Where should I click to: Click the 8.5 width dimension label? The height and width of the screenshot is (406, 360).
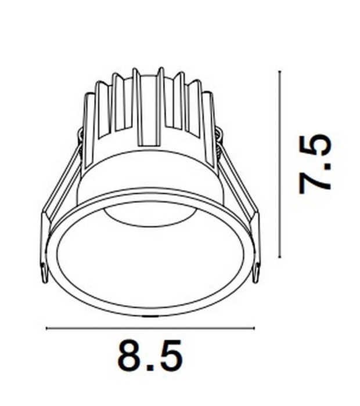point(150,356)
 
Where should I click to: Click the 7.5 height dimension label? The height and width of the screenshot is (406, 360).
point(315,164)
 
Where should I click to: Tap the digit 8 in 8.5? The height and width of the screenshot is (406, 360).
point(132,356)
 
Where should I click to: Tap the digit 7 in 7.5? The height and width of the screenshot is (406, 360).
point(315,180)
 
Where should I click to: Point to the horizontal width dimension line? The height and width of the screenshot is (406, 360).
point(150,328)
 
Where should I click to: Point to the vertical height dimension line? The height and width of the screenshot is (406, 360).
point(280,164)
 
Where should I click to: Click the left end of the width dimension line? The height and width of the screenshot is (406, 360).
point(46,328)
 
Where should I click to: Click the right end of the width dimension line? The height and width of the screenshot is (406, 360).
point(254,328)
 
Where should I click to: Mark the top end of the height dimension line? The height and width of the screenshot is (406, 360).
point(280,71)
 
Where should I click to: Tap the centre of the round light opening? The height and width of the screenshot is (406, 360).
point(150,255)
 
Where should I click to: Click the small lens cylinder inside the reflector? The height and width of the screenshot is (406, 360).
point(150,216)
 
